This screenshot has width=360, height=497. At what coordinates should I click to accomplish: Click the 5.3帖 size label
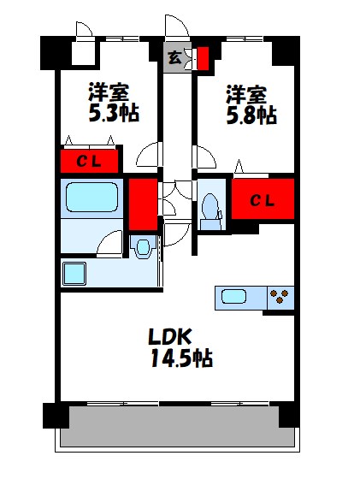pos(114,113)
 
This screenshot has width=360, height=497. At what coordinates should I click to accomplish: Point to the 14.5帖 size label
pos(180,358)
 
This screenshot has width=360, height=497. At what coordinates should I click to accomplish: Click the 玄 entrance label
pos(174,58)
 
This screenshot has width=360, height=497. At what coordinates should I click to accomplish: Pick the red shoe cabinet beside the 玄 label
pos(203,58)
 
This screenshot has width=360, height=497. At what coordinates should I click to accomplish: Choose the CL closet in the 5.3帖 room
pos(89,161)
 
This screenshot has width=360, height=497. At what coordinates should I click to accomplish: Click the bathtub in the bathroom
pos(91,198)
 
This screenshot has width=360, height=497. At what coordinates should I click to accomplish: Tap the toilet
pos(210,208)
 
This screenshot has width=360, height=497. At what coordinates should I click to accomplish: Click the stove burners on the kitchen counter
pos(278,299)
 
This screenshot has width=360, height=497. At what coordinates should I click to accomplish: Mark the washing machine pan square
pos(74,274)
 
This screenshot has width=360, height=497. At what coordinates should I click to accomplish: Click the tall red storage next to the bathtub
pos(143,204)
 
